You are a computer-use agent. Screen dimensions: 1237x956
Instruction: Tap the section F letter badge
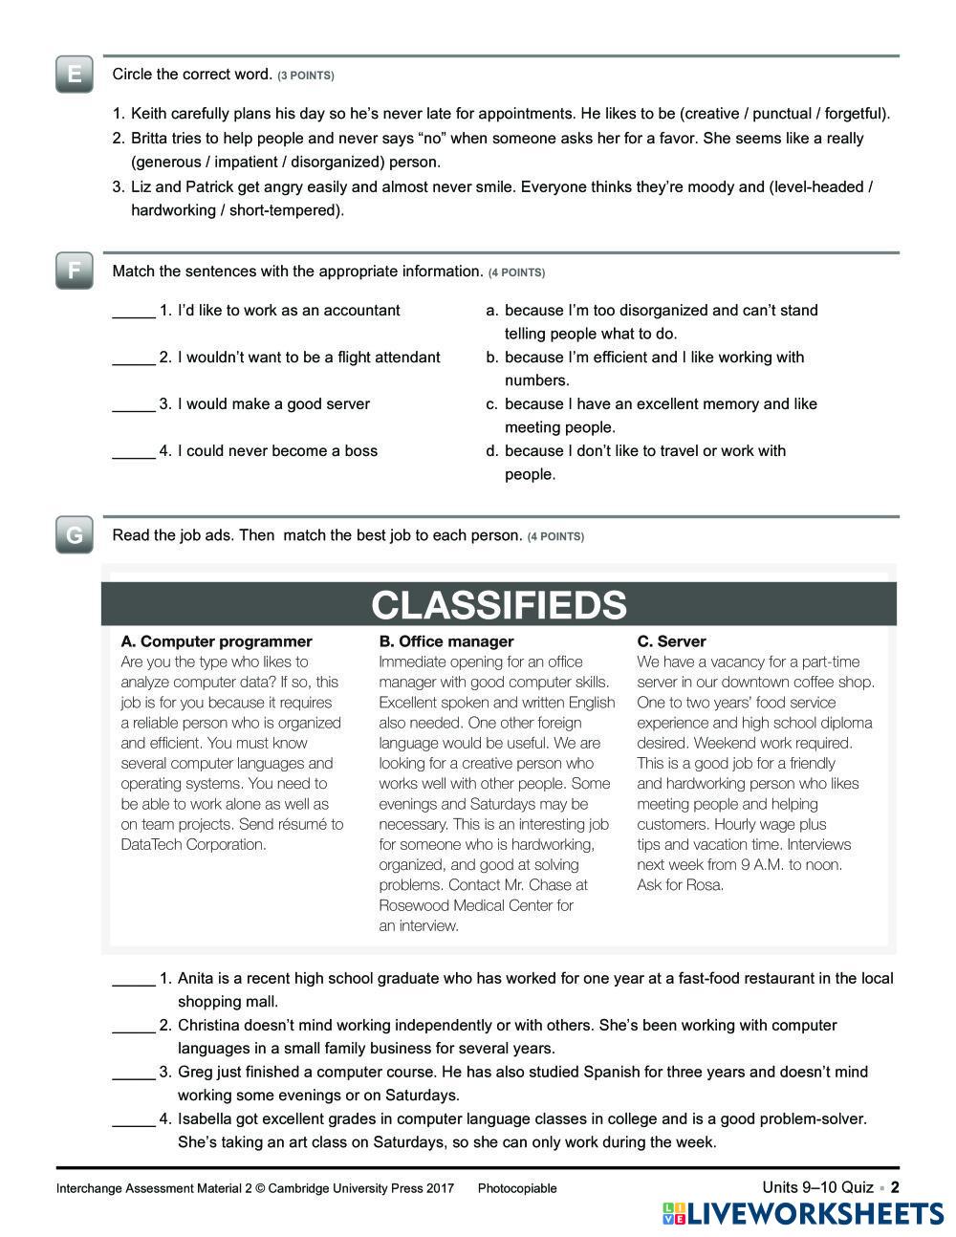pyautogui.click(x=75, y=271)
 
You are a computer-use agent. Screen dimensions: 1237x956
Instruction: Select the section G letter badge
pyautogui.click(x=75, y=535)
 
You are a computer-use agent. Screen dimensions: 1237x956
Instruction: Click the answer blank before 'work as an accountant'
pyautogui.click(x=134, y=312)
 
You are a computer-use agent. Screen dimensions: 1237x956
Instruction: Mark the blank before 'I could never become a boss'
pyautogui.click(x=134, y=452)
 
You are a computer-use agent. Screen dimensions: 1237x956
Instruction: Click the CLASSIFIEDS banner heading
pyautogui.click(x=499, y=605)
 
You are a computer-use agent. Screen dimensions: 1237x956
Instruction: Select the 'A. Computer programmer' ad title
pyautogui.click(x=217, y=641)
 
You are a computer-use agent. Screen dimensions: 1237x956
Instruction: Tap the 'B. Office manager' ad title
pyautogui.click(x=446, y=641)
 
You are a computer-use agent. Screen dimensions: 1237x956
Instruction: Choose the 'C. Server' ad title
pyautogui.click(x=672, y=641)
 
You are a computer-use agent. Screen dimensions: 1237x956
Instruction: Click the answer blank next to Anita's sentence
pyautogui.click(x=134, y=980)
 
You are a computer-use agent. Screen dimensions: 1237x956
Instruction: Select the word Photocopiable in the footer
pyautogui.click(x=517, y=1189)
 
